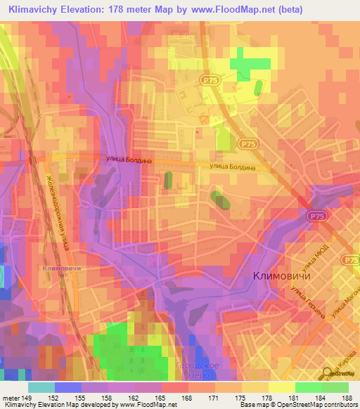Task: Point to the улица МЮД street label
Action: click(310, 265)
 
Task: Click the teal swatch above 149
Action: click(41, 387)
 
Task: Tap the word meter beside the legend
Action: click(11, 398)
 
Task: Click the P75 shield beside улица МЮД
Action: click(349, 260)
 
